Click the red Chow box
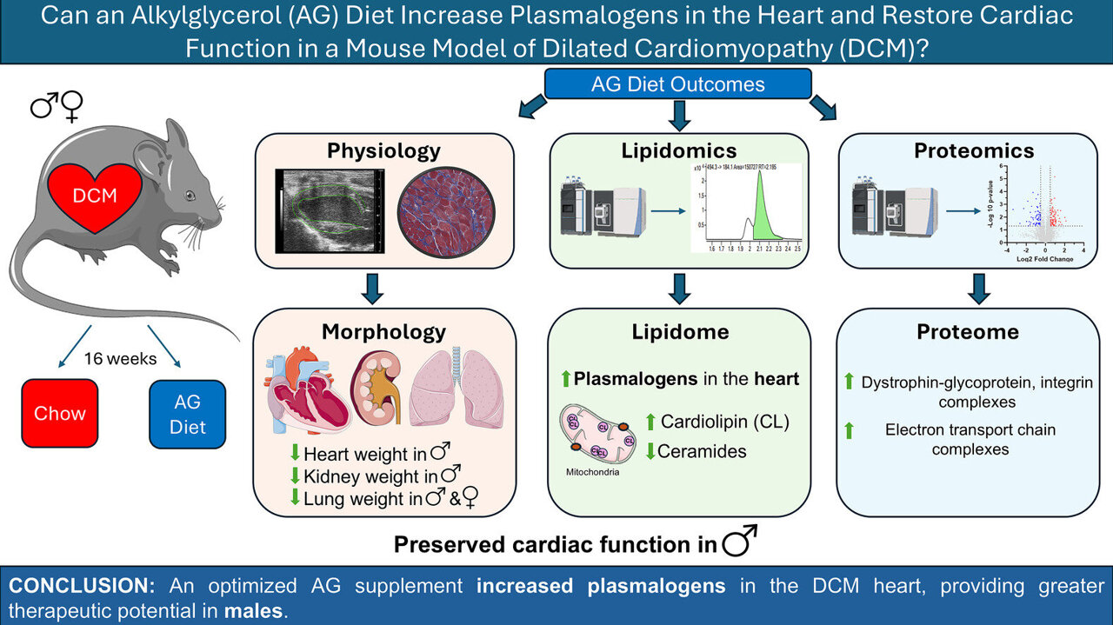(x=60, y=413)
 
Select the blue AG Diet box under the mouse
(x=187, y=413)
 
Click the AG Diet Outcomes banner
(x=677, y=84)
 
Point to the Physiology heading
(x=383, y=151)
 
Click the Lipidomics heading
(x=678, y=151)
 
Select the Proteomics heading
(x=974, y=151)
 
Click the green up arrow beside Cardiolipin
(x=649, y=422)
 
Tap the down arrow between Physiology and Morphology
(x=372, y=286)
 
